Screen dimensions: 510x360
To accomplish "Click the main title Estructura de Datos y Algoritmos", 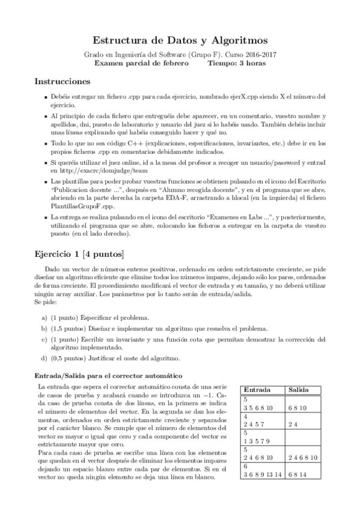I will click(180, 40).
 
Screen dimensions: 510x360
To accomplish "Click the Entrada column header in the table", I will click(257, 390).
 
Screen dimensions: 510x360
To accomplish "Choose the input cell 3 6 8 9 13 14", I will click(260, 473).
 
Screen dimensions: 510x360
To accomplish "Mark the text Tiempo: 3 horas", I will click(237, 63).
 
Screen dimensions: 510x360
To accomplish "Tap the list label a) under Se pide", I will click(44, 317).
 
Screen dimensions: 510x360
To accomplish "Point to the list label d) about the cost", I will click(44, 359).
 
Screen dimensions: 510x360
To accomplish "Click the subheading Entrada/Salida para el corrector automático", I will click(110, 376).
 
